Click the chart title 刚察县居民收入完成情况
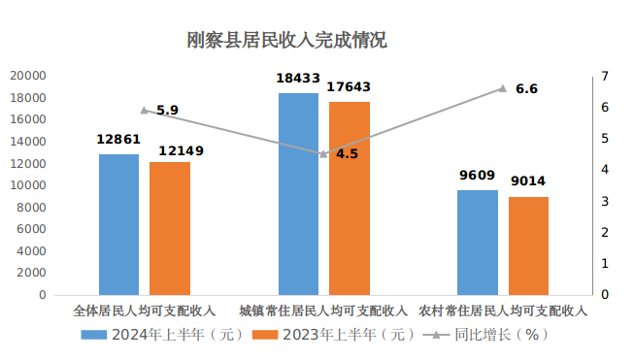click(x=287, y=41)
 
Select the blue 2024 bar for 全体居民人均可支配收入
click(x=118, y=224)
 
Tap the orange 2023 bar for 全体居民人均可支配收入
click(x=170, y=228)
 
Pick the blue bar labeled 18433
click(x=298, y=194)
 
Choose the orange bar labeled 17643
click(x=350, y=198)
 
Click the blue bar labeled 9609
click(x=477, y=243)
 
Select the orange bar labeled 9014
click(x=528, y=245)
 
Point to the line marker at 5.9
click(x=144, y=111)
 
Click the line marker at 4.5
click(x=323, y=153)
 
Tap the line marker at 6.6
click(x=503, y=88)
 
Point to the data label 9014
click(x=528, y=181)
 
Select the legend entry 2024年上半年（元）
click(x=160, y=335)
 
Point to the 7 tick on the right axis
click(x=605, y=76)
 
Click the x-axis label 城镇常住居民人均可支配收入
click(x=323, y=312)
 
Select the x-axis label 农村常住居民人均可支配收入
click(x=503, y=312)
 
